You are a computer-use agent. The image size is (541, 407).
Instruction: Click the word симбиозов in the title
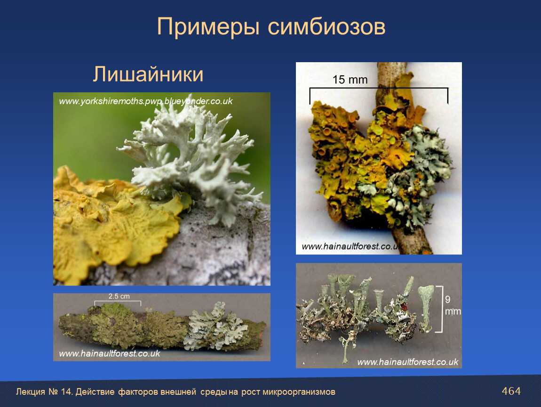click(x=326, y=27)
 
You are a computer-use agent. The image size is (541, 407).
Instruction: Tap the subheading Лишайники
click(x=148, y=74)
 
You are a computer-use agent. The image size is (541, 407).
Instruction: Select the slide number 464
click(x=511, y=391)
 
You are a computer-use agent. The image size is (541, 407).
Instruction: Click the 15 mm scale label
click(x=350, y=80)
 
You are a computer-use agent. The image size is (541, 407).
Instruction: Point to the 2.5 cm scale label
click(x=119, y=296)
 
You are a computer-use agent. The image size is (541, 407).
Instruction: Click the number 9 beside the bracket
click(x=447, y=299)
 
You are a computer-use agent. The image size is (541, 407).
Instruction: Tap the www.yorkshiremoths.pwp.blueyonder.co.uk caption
click(x=146, y=101)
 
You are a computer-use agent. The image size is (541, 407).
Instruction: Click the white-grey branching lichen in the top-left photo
click(x=193, y=159)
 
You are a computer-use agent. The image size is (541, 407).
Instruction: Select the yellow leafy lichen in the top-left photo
click(x=111, y=221)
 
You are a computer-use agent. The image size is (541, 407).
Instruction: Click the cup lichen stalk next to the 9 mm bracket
click(x=426, y=308)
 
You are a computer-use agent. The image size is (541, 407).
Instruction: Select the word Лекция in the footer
click(x=31, y=392)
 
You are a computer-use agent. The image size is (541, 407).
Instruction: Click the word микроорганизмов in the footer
click(x=299, y=392)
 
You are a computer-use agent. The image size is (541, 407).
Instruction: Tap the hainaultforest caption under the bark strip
click(x=109, y=353)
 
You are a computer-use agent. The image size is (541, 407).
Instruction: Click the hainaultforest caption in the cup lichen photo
click(x=407, y=362)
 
